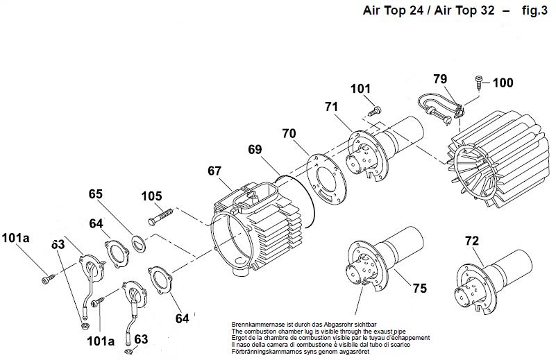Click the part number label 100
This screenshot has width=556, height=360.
point(504,83)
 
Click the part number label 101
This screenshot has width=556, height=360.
point(361,89)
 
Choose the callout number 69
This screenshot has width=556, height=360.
point(255,150)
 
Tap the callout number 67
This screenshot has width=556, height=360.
point(214,171)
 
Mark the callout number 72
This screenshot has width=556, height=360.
point(471,241)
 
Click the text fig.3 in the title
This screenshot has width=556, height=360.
point(529,11)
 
